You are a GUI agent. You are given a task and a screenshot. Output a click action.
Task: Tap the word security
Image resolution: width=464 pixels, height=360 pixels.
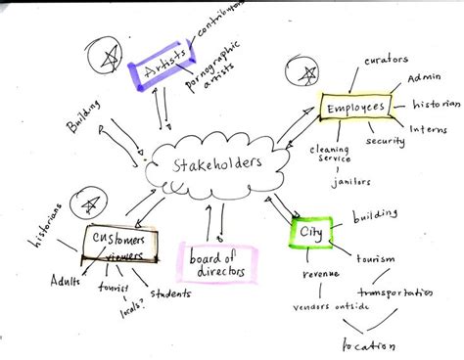coord(384,141)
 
